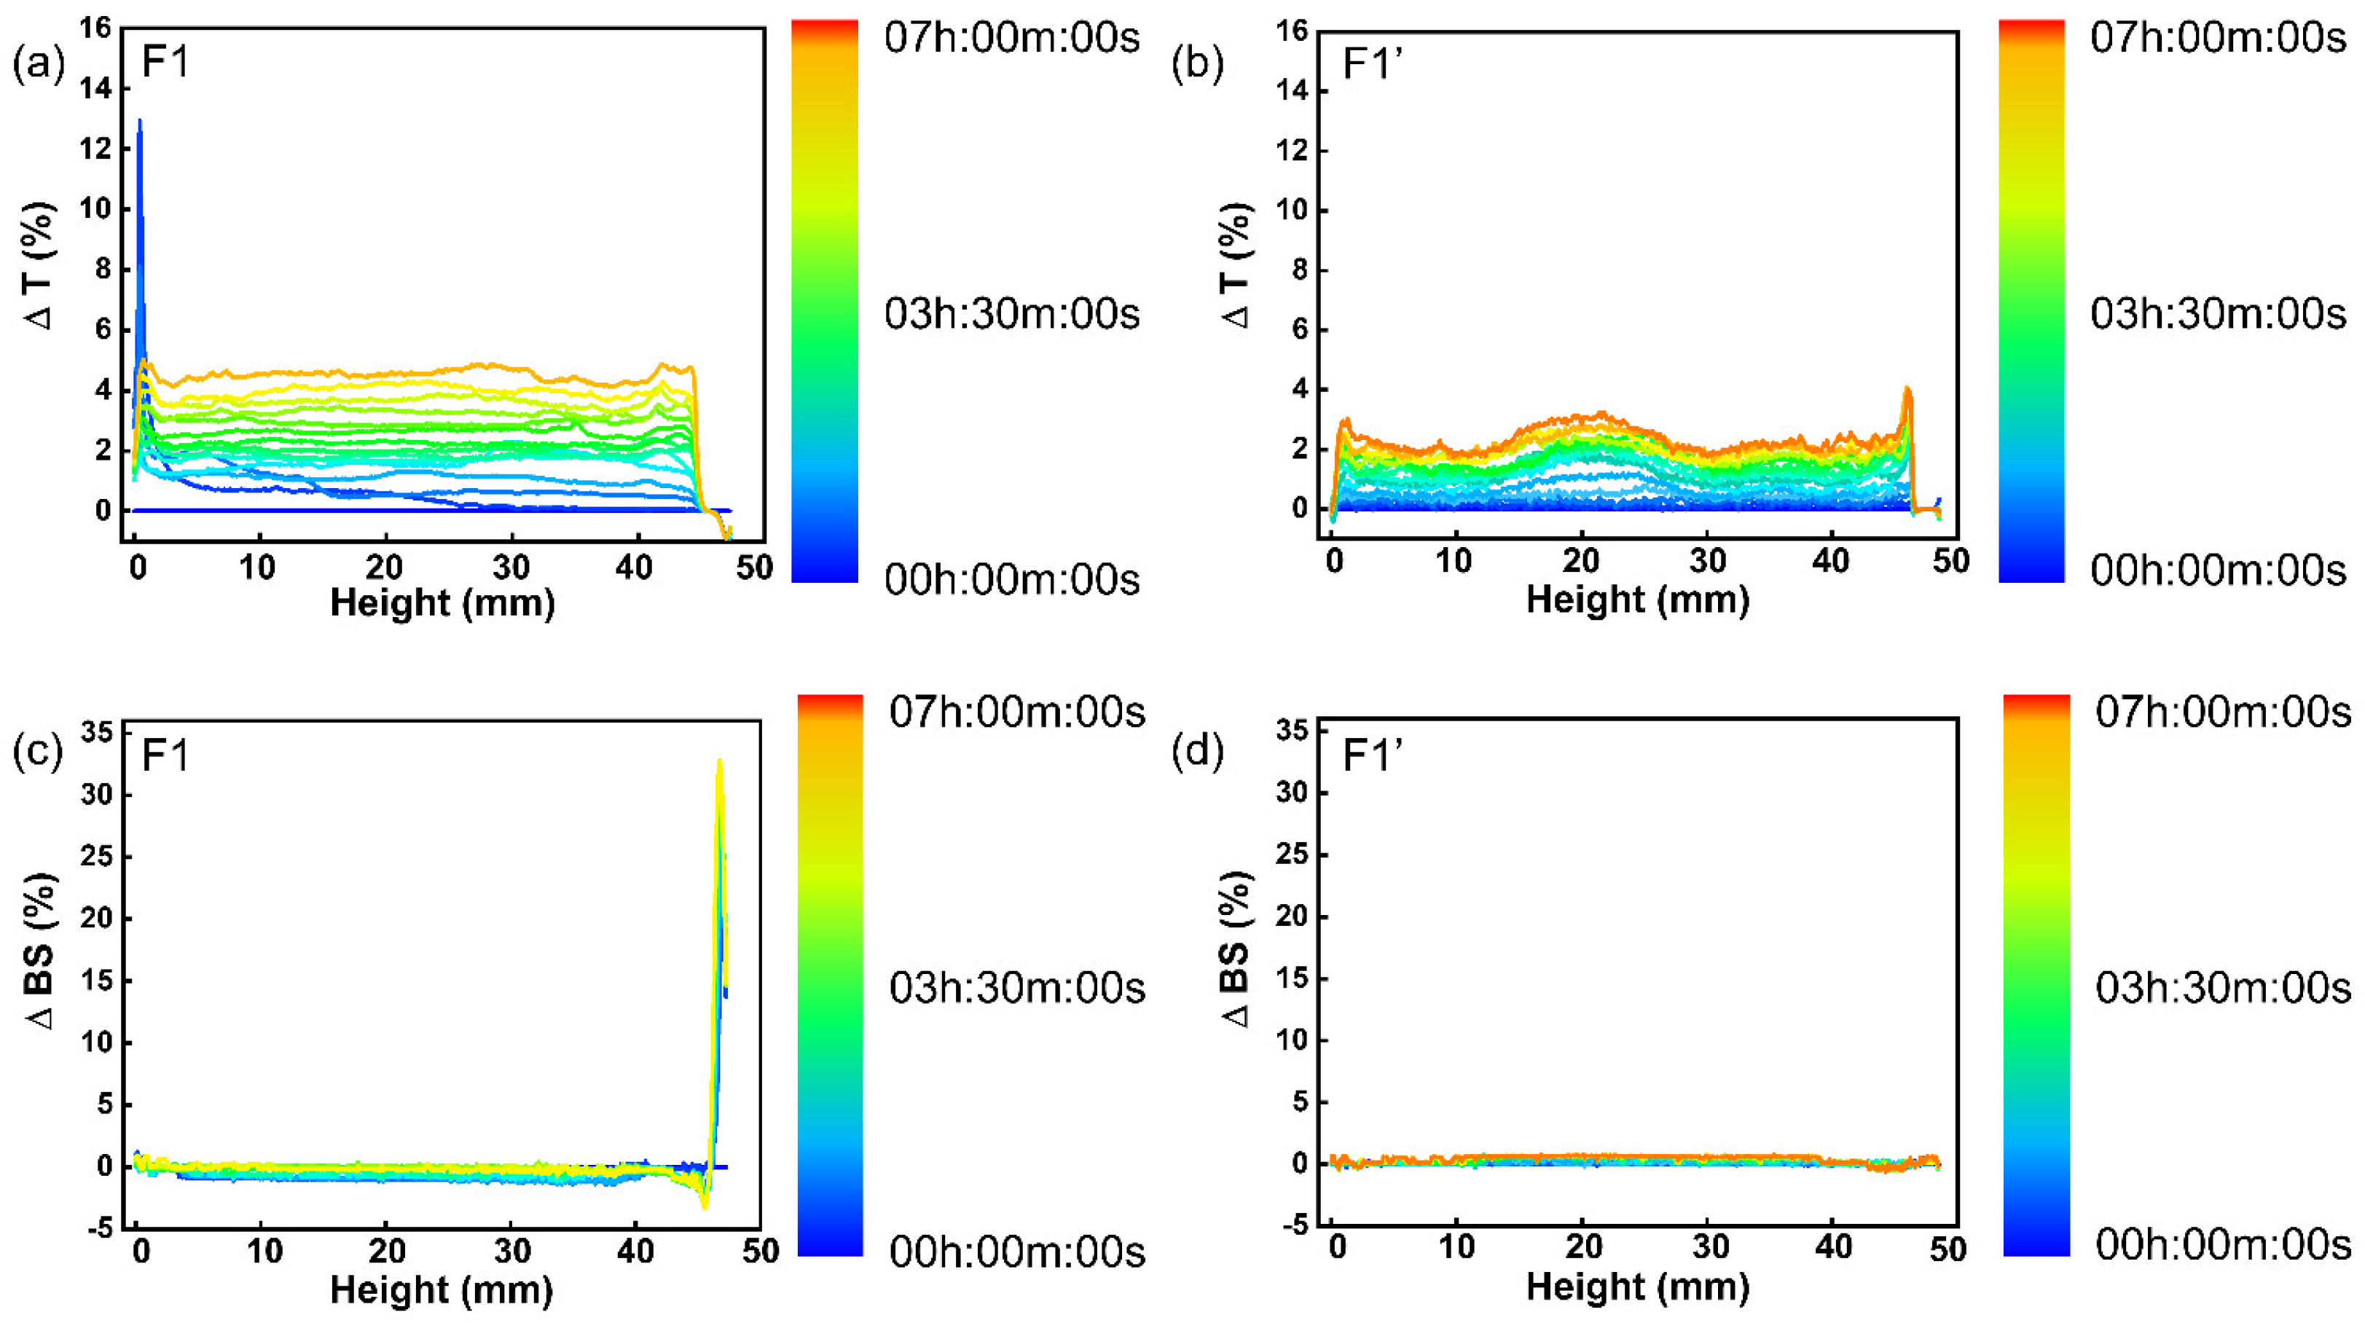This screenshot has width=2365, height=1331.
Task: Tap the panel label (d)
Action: [1198, 751]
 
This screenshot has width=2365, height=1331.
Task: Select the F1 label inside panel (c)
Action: [165, 755]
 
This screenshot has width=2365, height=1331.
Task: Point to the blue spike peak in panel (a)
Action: [140, 121]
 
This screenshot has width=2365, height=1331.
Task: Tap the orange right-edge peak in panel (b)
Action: [1906, 389]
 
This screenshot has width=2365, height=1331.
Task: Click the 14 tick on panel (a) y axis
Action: [95, 88]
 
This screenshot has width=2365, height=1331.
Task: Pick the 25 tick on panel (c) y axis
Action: [95, 857]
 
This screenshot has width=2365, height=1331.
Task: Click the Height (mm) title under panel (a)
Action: [442, 603]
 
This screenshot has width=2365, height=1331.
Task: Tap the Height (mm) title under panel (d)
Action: [1637, 1287]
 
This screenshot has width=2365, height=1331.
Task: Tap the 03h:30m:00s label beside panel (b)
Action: [2217, 314]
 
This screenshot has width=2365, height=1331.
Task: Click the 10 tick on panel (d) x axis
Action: [1457, 1247]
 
